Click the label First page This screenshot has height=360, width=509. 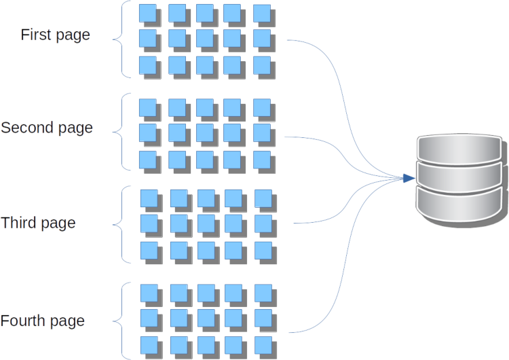point(55,35)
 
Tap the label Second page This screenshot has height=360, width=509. point(47,128)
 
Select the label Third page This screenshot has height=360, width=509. point(38,223)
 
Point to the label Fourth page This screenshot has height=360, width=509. point(43,321)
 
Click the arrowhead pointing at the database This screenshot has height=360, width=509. point(407,178)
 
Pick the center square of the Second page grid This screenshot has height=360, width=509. point(204,132)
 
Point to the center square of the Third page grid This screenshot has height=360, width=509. point(206,223)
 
